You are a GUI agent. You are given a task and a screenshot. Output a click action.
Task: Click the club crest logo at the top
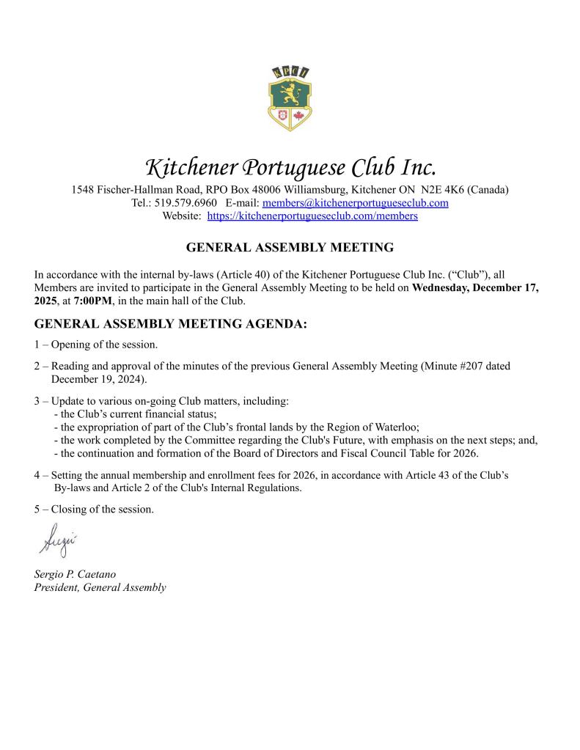click(290, 98)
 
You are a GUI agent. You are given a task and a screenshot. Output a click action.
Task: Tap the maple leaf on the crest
click(298, 116)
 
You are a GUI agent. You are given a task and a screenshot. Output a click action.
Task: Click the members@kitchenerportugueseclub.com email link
click(355, 203)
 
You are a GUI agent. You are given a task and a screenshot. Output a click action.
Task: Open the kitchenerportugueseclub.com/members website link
click(312, 216)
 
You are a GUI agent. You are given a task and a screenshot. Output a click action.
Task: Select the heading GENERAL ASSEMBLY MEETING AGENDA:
click(171, 324)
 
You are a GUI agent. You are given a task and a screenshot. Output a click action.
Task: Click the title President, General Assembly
click(100, 587)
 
